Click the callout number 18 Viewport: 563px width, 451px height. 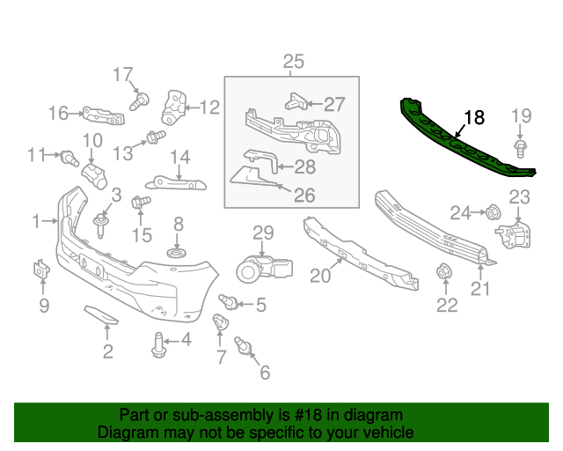[474, 117]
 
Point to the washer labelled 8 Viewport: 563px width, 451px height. [177, 255]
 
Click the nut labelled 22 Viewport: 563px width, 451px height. [444, 272]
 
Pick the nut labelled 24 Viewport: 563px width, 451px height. [493, 211]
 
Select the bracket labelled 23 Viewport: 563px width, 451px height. [514, 236]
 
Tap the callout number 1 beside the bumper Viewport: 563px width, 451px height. [36, 221]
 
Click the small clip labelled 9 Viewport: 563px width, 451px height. [41, 270]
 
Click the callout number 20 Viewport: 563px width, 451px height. [319, 276]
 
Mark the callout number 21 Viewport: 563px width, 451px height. [480, 287]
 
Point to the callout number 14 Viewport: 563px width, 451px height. [179, 158]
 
